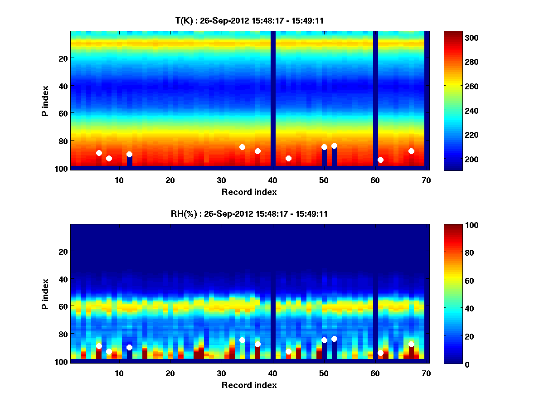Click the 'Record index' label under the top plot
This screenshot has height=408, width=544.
249,192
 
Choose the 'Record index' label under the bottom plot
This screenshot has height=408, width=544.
249,385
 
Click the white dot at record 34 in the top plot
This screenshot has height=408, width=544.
242,147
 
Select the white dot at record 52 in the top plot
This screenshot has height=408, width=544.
334,146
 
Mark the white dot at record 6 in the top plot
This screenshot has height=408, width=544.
99,153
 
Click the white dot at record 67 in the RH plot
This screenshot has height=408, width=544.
411,344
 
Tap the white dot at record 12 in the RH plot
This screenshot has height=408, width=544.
129,347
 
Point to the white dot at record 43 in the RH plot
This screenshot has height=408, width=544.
288,351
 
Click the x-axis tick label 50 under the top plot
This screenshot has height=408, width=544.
324,180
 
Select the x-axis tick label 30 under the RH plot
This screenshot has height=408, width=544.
221,374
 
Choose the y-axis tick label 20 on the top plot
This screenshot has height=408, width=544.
63,58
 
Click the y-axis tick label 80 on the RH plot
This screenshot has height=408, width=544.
63,334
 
